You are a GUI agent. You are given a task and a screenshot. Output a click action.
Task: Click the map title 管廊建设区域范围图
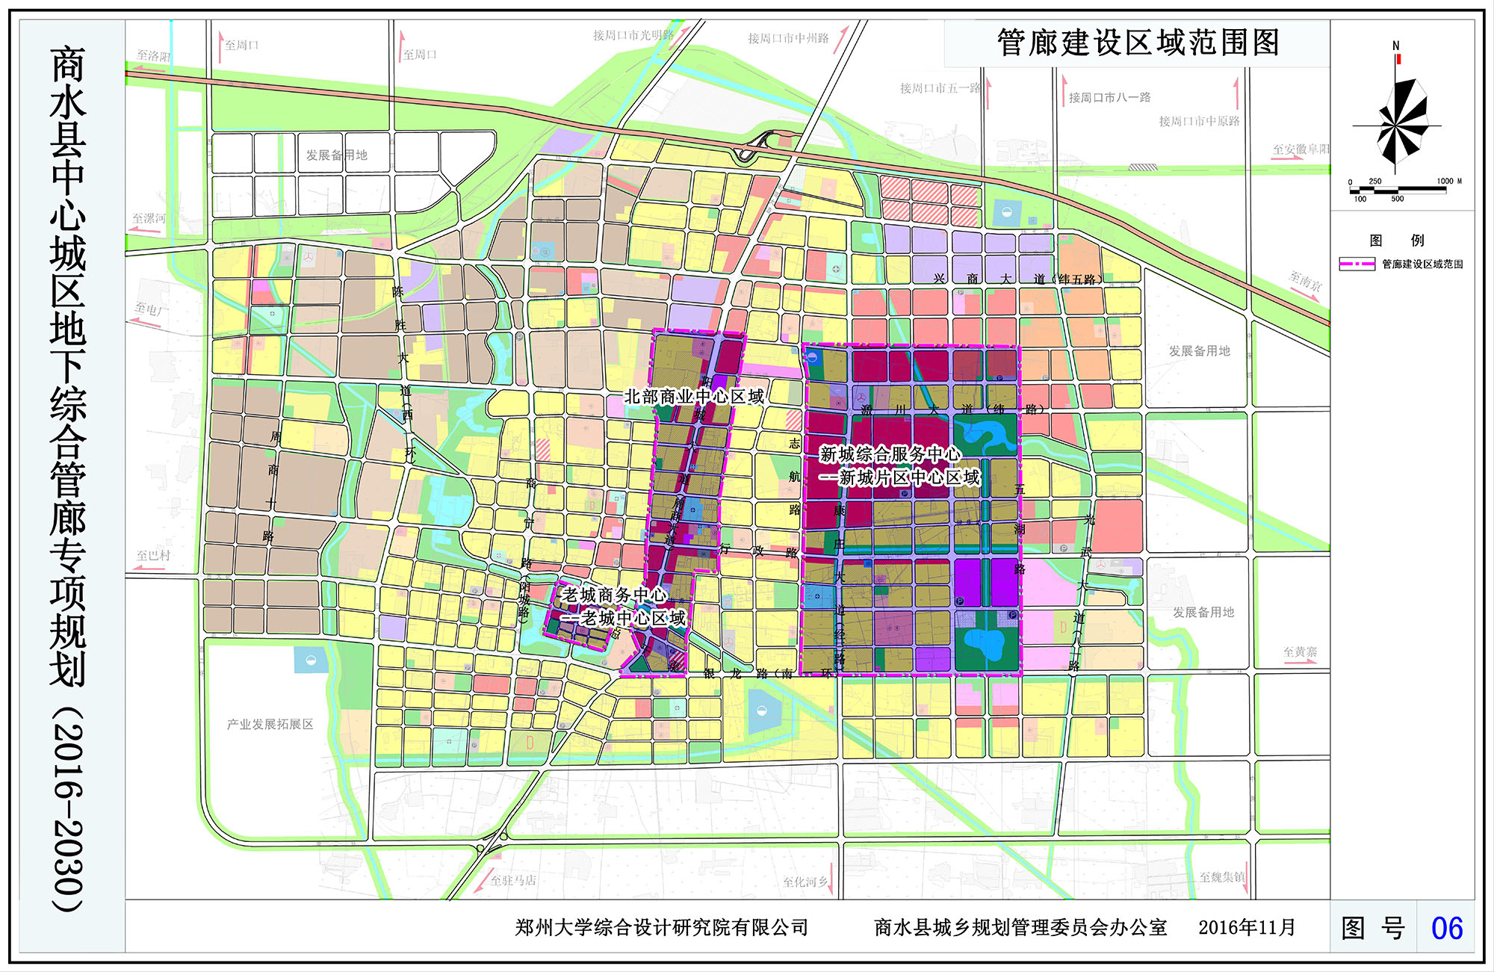click(1138, 43)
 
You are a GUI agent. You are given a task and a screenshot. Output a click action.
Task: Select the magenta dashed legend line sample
click(1357, 264)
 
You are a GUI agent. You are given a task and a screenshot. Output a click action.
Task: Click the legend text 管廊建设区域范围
click(1422, 264)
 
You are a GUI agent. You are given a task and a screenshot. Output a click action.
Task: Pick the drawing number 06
click(1446, 928)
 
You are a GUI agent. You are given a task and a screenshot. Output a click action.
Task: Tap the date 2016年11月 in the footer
click(1247, 927)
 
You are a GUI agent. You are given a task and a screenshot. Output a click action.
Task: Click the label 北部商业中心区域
click(694, 396)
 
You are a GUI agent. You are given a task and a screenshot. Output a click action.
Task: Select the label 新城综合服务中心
click(890, 454)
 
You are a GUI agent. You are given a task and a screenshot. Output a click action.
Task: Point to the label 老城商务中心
click(614, 595)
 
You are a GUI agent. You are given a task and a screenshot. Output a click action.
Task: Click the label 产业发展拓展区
click(270, 724)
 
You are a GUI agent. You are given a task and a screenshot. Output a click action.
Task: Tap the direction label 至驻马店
click(512, 880)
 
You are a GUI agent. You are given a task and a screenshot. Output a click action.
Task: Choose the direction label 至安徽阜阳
click(1301, 149)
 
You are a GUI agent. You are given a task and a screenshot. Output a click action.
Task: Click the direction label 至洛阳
click(153, 56)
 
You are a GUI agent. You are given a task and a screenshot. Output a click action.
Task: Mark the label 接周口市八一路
click(1109, 97)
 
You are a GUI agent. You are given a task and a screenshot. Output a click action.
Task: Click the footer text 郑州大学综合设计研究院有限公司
click(661, 927)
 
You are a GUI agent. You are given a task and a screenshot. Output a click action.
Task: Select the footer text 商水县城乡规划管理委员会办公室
click(1020, 927)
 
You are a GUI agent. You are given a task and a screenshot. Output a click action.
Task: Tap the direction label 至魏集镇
click(1222, 876)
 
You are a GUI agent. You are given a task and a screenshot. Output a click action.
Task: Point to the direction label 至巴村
click(153, 555)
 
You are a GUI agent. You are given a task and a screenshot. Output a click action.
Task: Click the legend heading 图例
click(1396, 240)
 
